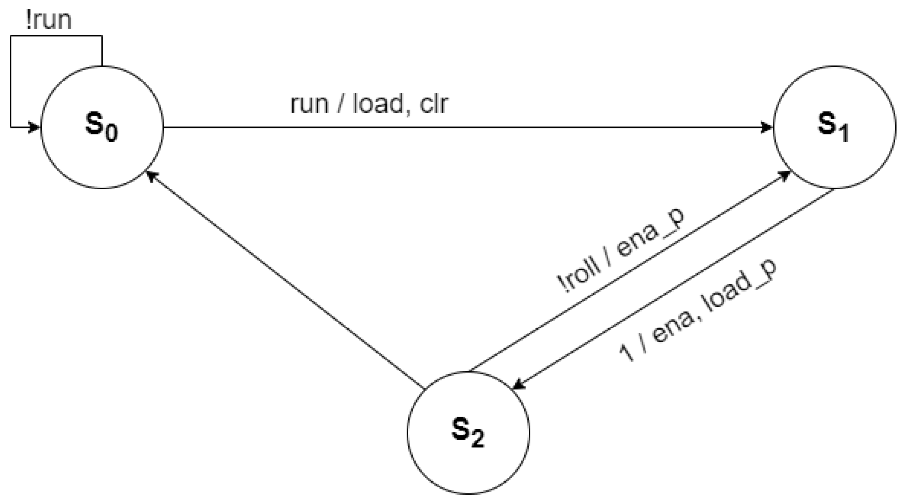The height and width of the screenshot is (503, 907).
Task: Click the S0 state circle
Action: (x=102, y=127)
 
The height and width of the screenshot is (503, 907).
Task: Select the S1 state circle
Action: (x=834, y=127)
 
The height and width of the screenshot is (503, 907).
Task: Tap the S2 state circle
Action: (x=468, y=432)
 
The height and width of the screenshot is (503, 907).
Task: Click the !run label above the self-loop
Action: (x=48, y=20)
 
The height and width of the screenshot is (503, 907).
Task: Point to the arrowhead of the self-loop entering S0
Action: (x=35, y=127)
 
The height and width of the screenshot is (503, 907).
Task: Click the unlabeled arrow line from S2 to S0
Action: (x=284, y=280)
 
